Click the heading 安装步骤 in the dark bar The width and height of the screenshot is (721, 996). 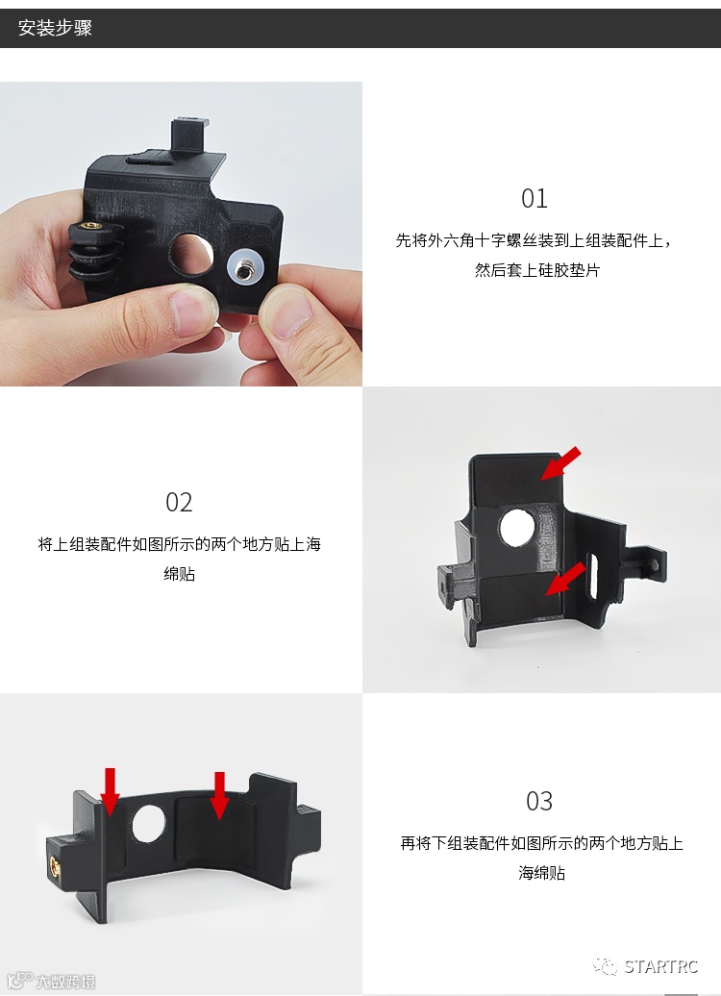(x=55, y=28)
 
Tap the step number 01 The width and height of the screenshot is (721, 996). (x=535, y=199)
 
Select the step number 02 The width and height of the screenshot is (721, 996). (x=179, y=503)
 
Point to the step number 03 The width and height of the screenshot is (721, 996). (x=539, y=801)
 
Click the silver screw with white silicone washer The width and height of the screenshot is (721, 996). (x=244, y=269)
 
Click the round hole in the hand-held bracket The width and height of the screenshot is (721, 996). (x=190, y=254)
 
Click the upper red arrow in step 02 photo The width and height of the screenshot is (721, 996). (x=560, y=463)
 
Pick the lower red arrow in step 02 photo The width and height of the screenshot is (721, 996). (x=565, y=578)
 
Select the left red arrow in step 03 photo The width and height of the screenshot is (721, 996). (x=111, y=791)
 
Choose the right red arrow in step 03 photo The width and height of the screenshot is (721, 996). (x=220, y=795)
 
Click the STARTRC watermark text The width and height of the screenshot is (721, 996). (x=660, y=967)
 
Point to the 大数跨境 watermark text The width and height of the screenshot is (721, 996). (x=64, y=982)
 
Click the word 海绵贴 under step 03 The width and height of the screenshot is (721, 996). (x=541, y=873)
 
